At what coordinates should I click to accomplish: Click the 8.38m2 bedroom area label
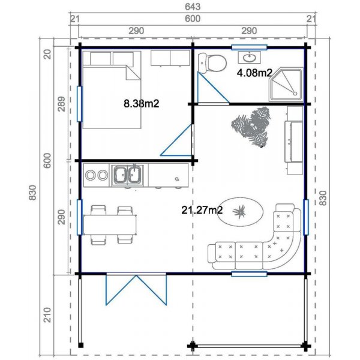tap(141, 103)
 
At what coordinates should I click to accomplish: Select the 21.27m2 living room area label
tap(202, 210)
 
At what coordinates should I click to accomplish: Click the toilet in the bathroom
tap(214, 61)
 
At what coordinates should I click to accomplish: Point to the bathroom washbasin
tap(248, 58)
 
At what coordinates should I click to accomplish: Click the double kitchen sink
tap(127, 175)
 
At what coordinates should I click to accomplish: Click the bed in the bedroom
tap(112, 90)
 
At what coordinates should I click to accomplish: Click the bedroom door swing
tap(179, 140)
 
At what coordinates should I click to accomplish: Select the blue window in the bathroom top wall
tap(249, 46)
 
